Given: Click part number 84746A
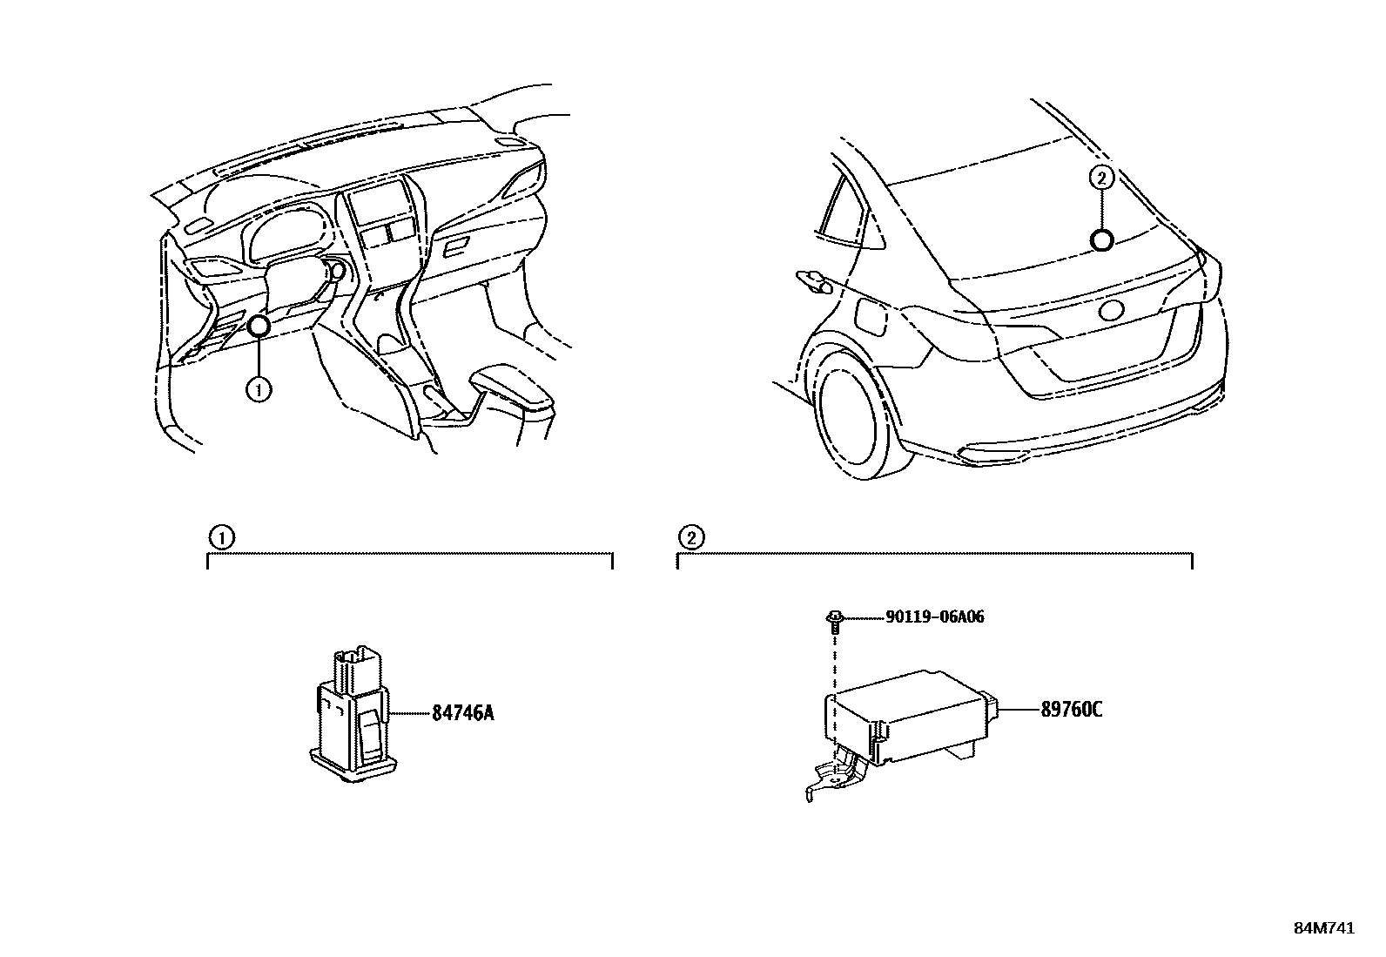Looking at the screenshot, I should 462,713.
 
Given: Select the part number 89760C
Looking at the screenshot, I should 1071,710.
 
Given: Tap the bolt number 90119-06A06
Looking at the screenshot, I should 934,617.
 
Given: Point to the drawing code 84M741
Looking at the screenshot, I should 1323,928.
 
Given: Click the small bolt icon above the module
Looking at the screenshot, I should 834,619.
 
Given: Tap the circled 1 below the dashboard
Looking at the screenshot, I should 259,389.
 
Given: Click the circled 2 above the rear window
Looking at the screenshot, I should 1101,179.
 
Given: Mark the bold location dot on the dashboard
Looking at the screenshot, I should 259,327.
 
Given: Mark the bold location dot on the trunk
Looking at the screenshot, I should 1102,240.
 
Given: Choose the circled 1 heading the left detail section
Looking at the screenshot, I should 222,537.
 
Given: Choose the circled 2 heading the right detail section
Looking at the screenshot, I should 691,537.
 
